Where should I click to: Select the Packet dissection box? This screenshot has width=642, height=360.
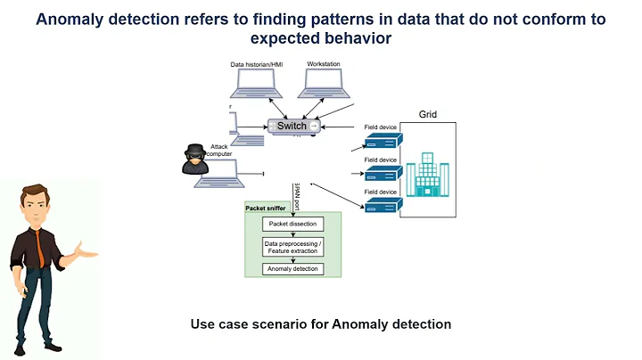pos(292,224)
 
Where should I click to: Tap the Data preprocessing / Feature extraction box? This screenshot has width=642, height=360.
pos(292,247)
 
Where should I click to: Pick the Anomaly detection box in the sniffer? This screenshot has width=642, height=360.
pos(292,269)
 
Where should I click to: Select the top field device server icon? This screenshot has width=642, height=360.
pos(383,141)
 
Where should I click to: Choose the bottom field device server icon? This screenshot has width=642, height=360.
pos(383,206)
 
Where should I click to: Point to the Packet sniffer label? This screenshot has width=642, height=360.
pos(265,208)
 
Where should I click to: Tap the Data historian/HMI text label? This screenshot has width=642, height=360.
pos(257,65)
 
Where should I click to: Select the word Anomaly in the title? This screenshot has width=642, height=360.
pos(75,18)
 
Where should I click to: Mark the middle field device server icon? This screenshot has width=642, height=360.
pos(383,173)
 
